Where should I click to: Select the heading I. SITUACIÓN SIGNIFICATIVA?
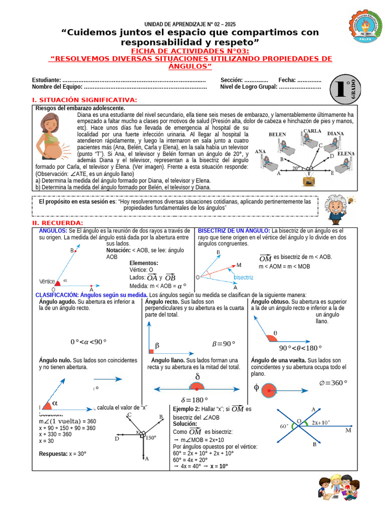(x=84, y=100)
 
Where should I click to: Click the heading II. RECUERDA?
(x=58, y=222)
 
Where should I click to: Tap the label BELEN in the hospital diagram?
(x=277, y=135)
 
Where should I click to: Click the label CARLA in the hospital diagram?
(x=312, y=131)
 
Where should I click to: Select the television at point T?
(x=310, y=181)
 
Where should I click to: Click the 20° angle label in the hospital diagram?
(x=296, y=168)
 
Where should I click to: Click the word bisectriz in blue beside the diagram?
(x=244, y=277)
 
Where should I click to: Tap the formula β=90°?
(x=224, y=344)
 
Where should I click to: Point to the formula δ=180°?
(x=195, y=400)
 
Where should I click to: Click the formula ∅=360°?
(x=333, y=383)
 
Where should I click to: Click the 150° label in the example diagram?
(x=151, y=438)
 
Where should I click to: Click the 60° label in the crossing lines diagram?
(x=284, y=426)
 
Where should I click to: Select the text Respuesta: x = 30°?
(x=63, y=453)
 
